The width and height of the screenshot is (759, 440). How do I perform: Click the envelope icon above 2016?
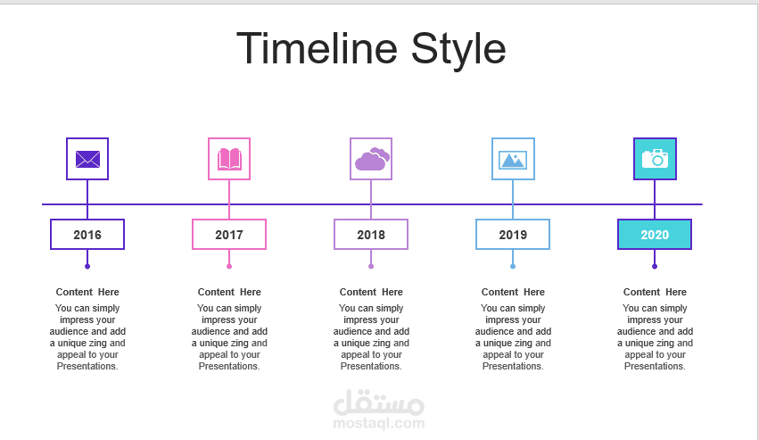pos(87,159)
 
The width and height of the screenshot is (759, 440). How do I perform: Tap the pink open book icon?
pos(229,159)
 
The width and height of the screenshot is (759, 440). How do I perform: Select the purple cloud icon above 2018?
pos(372,159)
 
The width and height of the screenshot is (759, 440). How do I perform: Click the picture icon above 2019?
pos(513,160)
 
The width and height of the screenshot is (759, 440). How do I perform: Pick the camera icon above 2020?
pos(655,159)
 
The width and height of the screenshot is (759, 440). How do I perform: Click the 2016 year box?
pos(87,235)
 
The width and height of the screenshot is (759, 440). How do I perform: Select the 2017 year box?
pos(229,235)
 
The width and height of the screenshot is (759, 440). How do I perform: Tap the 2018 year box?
pos(371,235)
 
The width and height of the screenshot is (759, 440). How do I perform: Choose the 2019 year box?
pos(513,235)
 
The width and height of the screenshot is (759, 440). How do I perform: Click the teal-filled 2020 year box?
pos(655,235)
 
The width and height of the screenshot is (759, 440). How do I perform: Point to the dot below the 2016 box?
pos(87,267)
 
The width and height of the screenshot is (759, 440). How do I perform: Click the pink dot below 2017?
pos(229,267)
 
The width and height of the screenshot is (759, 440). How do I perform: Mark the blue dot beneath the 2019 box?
pos(513,267)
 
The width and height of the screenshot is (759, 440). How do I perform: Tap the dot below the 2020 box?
pos(655,267)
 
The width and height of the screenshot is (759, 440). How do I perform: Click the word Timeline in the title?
pos(317,48)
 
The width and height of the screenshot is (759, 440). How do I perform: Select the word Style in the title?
pos(458,51)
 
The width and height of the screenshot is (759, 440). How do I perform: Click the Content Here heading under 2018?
pos(371,292)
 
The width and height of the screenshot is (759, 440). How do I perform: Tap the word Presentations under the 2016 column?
pos(87,366)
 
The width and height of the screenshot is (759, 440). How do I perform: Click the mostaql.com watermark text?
pos(378,424)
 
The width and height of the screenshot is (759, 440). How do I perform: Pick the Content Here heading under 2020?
pos(655,292)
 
